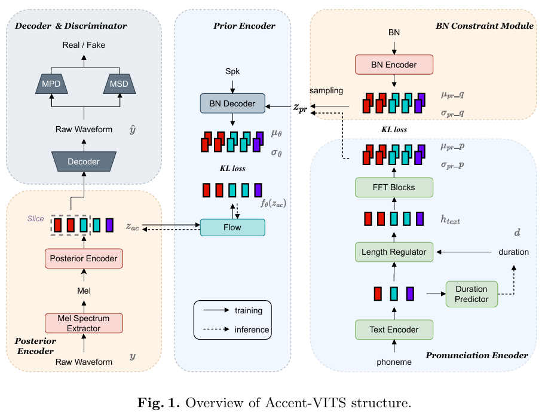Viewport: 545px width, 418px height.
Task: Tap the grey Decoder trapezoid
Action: point(84,161)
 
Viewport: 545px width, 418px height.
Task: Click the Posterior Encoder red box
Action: point(84,258)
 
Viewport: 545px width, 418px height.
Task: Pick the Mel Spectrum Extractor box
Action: point(84,323)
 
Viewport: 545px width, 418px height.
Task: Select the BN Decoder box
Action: point(232,104)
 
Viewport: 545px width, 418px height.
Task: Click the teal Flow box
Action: point(232,227)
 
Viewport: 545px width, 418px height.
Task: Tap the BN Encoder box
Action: point(394,65)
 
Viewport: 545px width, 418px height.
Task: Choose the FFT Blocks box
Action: point(394,187)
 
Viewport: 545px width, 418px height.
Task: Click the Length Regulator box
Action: point(394,252)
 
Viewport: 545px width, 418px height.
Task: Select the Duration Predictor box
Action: point(471,294)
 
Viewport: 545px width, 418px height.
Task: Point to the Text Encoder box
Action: point(394,329)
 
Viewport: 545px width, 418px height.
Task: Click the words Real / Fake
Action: point(84,45)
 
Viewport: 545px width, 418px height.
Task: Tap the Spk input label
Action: point(232,71)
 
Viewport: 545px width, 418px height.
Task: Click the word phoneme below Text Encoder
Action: point(394,362)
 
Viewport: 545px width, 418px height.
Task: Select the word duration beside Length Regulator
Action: point(513,252)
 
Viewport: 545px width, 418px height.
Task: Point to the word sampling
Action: point(326,91)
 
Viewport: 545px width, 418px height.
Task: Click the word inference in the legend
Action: point(252,329)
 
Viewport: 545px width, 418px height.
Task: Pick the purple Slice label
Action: point(36,218)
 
